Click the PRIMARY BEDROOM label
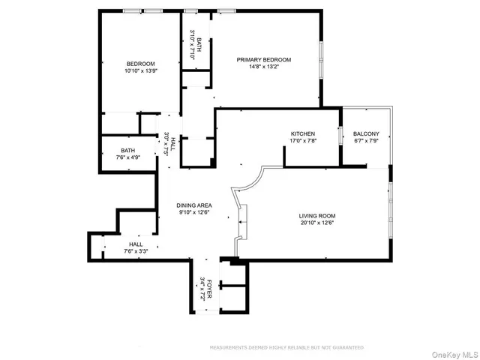tap(264, 60)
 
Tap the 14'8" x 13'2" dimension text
tap(264, 67)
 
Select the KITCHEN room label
tap(303, 133)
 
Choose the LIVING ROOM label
tap(316, 215)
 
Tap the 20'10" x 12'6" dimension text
tap(316, 222)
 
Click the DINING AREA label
tap(194, 205)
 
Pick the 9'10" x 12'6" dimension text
tap(194, 212)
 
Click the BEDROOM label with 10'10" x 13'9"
tap(140, 64)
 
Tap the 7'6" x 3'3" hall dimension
tap(136, 251)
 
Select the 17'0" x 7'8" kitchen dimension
tap(303, 140)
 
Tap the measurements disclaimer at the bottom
tap(286, 348)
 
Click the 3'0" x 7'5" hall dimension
tap(166, 142)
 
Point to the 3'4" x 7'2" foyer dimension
tap(202, 289)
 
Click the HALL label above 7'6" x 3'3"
tap(136, 244)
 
